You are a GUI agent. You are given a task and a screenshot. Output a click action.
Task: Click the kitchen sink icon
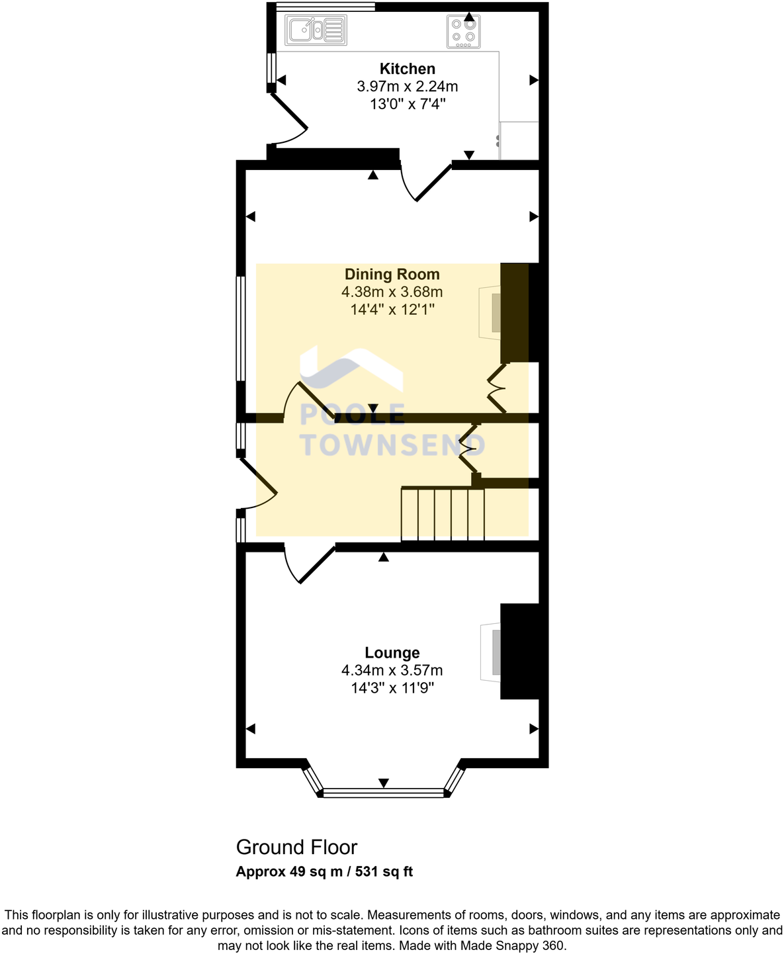pyautogui.click(x=316, y=30)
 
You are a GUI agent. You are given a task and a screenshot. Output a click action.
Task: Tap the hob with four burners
pyautogui.click(x=463, y=31)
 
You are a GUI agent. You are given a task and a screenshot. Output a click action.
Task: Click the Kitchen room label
pyautogui.click(x=407, y=69)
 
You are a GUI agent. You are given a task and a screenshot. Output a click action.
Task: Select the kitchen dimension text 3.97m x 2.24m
pyautogui.click(x=407, y=86)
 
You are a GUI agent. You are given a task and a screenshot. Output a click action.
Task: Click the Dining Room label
pyautogui.click(x=392, y=275)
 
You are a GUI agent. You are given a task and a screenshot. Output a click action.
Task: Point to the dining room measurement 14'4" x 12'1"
pyautogui.click(x=392, y=309)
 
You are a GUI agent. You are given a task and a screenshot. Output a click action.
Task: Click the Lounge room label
pyautogui.click(x=392, y=653)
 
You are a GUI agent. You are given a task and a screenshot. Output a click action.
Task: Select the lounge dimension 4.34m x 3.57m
pyautogui.click(x=392, y=670)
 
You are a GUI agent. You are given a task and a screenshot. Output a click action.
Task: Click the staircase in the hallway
pyautogui.click(x=443, y=514)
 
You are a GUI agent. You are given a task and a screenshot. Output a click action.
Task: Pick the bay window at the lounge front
pyautogui.click(x=383, y=792)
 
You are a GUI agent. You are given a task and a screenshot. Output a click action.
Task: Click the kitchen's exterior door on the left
pyautogui.click(x=288, y=119)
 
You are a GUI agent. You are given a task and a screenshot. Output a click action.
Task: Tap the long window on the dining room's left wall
pyautogui.click(x=241, y=329)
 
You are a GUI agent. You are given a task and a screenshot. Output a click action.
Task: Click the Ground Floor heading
pyautogui.click(x=296, y=847)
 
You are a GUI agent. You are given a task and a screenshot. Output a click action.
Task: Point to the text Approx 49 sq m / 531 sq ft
pyautogui.click(x=324, y=871)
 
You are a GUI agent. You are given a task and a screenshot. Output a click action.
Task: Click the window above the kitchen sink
pyautogui.click(x=325, y=7)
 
